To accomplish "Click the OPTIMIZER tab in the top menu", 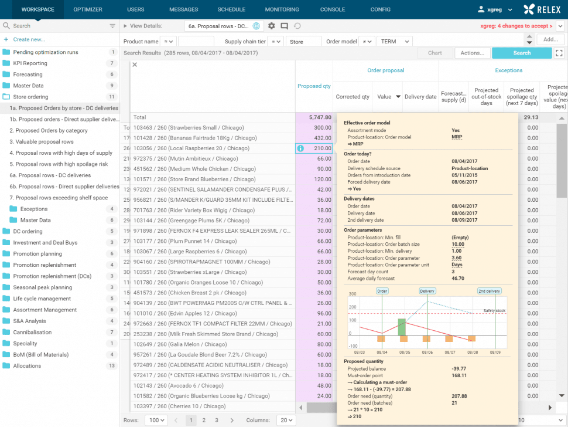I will (x=88, y=9).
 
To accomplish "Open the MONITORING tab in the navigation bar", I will (x=282, y=9).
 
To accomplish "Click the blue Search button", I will (x=521, y=53).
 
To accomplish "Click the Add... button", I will (x=550, y=39).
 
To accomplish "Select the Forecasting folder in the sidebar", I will (x=28, y=74).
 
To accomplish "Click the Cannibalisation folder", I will (x=33, y=333).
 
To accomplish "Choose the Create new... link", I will (x=29, y=39).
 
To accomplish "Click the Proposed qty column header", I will (x=314, y=86).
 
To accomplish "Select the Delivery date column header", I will (x=420, y=97).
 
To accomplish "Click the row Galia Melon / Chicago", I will (x=180, y=344).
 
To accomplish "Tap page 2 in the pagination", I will (x=204, y=420).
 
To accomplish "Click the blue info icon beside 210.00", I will (x=300, y=148).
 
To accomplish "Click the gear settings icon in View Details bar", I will (x=271, y=26).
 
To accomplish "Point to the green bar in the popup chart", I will (x=402, y=327).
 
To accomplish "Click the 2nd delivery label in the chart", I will (x=488, y=291).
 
